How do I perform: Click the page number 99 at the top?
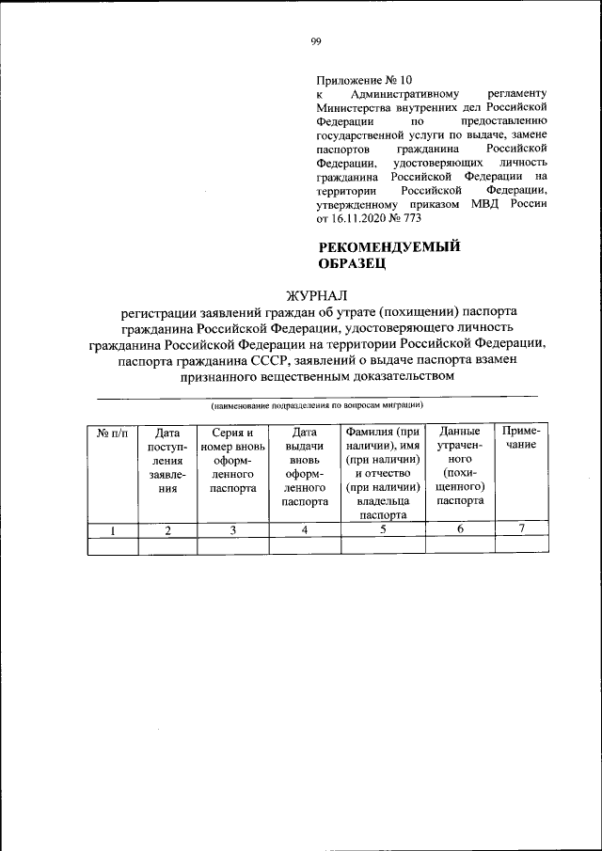pos(316,40)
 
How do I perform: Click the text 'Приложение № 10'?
pos(363,80)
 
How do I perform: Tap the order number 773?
pos(410,217)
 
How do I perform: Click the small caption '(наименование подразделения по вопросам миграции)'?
pos(316,405)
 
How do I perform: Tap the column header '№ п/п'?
pos(112,433)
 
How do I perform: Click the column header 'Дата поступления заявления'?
pos(167,461)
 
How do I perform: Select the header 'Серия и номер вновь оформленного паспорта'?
pos(232,461)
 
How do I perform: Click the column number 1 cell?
pos(112,530)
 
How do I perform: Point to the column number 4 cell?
pos(304,530)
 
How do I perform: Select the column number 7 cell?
pos(520,528)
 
